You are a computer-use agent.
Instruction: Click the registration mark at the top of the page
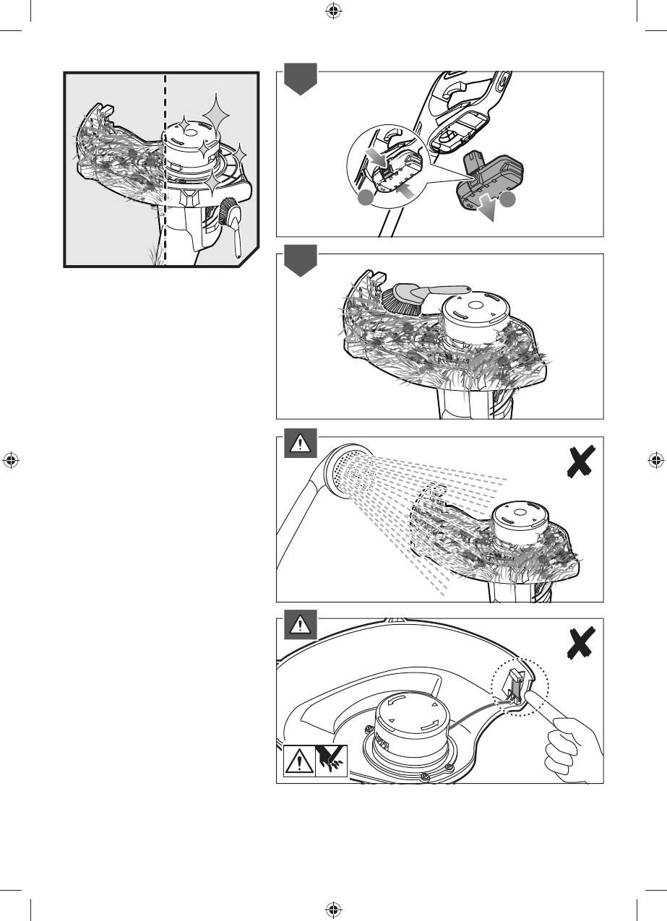[x=333, y=11]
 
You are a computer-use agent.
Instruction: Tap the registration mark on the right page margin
[x=656, y=459]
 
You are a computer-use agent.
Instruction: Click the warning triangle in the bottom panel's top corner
[x=297, y=626]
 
